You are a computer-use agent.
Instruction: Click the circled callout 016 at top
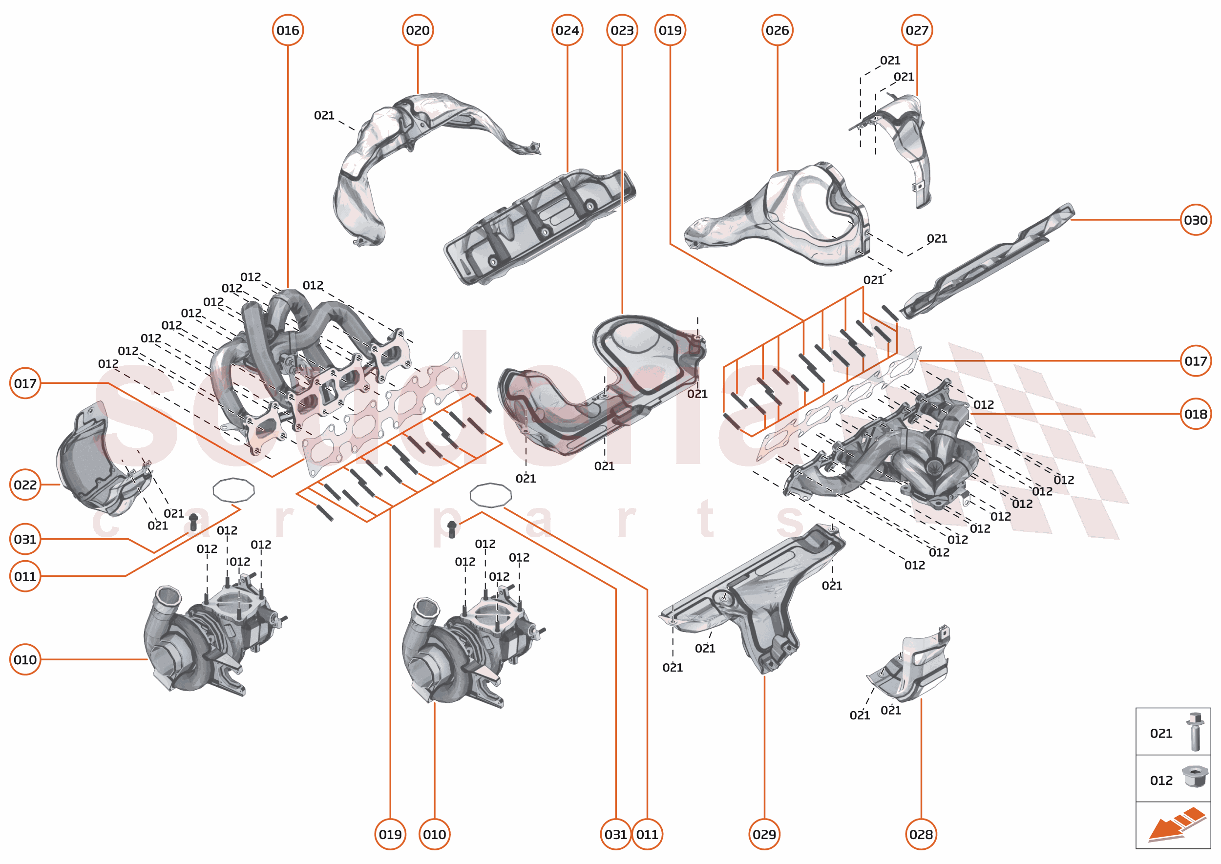tap(288, 30)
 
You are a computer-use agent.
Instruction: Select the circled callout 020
tap(418, 30)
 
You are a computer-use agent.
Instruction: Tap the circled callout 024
tap(567, 30)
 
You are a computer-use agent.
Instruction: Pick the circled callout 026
tap(778, 30)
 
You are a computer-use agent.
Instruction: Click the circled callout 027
tap(917, 30)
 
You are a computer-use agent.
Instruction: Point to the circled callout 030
tap(1196, 220)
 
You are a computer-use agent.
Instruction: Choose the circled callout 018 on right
tap(1196, 414)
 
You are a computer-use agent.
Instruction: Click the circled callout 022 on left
tap(25, 485)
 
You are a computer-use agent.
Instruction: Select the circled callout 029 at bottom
tap(764, 834)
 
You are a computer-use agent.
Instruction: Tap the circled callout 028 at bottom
tap(921, 834)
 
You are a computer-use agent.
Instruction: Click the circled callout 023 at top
tap(622, 30)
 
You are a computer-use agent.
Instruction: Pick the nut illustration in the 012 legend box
tap(1195, 777)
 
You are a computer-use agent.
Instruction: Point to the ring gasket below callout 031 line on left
tap(233, 490)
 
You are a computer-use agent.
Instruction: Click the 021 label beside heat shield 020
tap(324, 115)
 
